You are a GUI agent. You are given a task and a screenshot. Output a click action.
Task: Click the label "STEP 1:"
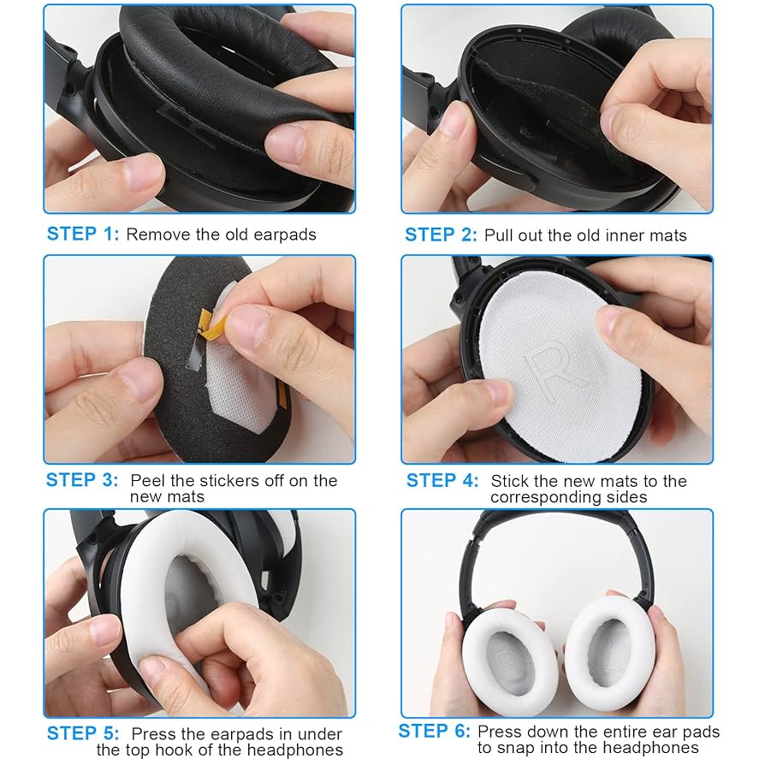point(83,234)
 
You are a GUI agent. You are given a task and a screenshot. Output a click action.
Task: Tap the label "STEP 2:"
point(441,234)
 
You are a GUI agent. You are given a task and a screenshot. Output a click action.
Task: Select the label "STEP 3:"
point(83,480)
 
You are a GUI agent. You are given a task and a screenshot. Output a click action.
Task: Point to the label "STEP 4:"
point(442,480)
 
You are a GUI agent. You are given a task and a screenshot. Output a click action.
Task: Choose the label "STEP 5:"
point(83,733)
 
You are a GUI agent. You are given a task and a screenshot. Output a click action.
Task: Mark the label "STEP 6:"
point(434,731)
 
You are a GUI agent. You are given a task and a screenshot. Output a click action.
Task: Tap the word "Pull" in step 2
point(499,234)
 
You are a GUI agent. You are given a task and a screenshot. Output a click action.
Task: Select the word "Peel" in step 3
point(148,480)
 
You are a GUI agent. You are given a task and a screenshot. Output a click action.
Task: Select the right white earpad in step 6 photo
point(608,648)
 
